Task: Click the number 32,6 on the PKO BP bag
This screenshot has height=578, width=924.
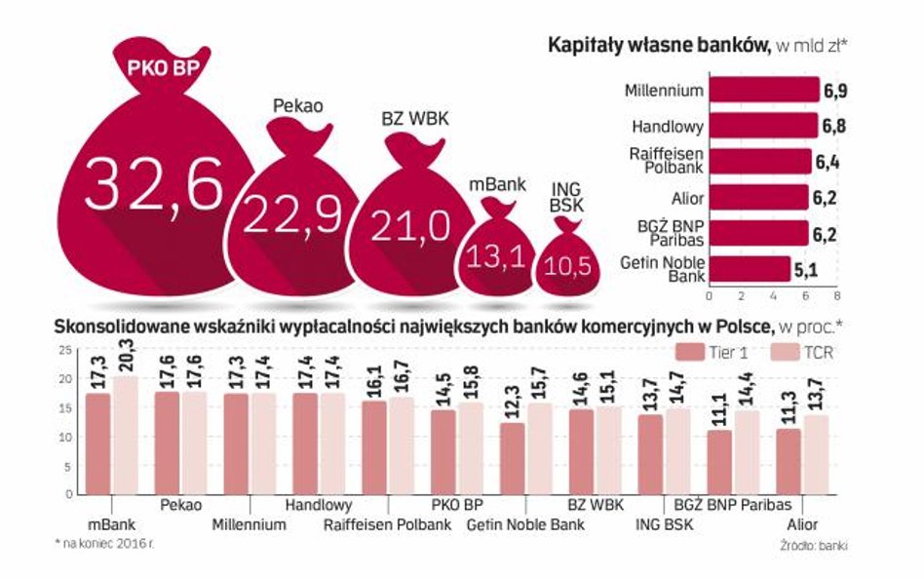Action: pyautogui.click(x=153, y=184)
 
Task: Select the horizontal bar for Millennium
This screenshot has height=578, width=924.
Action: pyautogui.click(x=763, y=91)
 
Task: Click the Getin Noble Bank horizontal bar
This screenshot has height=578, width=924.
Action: pyautogui.click(x=749, y=268)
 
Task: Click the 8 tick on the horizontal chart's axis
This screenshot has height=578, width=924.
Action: pyautogui.click(x=835, y=294)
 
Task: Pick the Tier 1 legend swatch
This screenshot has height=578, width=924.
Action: pyautogui.click(x=691, y=352)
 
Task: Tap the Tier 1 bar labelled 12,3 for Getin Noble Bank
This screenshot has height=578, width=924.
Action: pyautogui.click(x=511, y=458)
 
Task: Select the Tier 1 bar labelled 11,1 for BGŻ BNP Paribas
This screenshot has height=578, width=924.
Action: pyautogui.click(x=718, y=462)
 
